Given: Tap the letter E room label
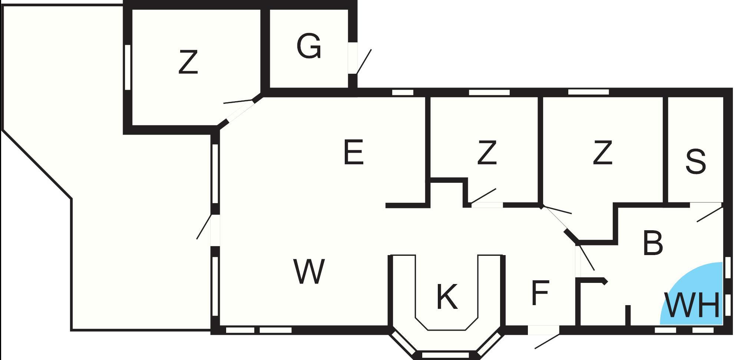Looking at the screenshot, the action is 353,152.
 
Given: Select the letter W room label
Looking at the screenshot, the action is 309,271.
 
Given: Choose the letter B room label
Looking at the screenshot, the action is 653,243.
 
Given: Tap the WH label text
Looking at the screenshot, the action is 692,305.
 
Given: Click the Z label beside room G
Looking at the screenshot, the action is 188,62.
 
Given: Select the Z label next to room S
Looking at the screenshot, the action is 602,152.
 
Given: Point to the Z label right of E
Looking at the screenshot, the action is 487,152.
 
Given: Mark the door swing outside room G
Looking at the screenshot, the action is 364,61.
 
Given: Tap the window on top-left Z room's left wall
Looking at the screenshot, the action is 128,67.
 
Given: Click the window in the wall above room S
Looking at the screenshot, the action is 589,92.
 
